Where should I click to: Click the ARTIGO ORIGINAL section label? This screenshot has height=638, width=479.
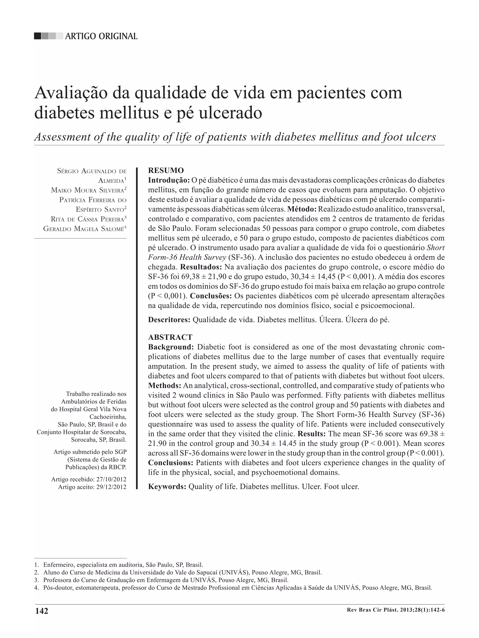101,36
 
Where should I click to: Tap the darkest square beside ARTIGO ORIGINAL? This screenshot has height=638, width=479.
37,36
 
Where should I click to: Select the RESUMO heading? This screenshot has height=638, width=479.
166,170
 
